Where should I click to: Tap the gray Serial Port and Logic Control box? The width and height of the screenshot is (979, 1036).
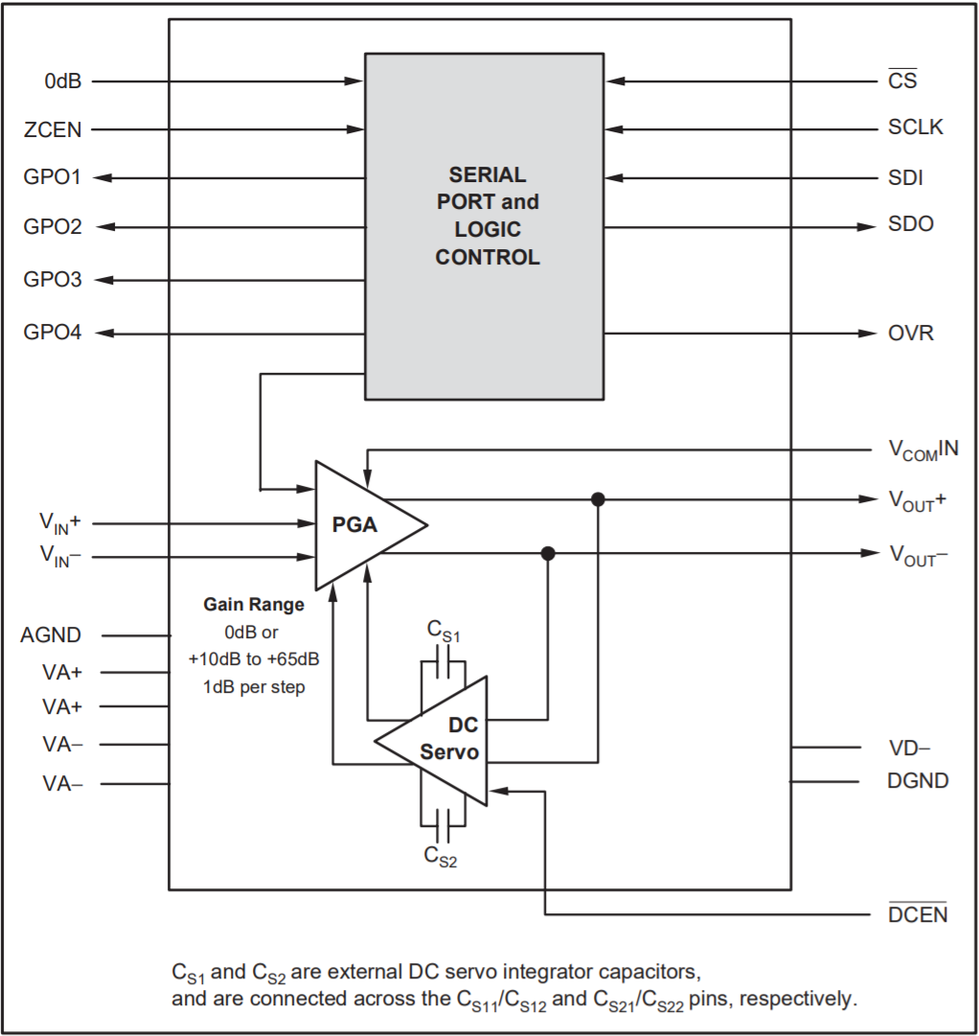pos(485,228)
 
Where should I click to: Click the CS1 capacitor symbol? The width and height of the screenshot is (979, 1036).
pos(444,661)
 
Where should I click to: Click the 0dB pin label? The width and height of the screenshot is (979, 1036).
pos(62,81)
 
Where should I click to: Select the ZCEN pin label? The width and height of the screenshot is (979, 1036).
pos(54,129)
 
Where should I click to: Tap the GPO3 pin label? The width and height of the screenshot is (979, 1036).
pos(53,280)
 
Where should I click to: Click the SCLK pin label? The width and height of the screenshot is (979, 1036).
pos(915,127)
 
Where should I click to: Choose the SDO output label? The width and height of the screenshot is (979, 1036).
pos(910,225)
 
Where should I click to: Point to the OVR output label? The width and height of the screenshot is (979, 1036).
pos(910,334)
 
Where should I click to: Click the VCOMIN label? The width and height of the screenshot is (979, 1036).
pos(922,449)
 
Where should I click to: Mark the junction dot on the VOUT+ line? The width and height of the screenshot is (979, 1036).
pos(598,499)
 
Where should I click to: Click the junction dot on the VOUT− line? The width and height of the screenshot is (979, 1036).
pos(548,554)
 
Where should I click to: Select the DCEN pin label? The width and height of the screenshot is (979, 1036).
pos(917,914)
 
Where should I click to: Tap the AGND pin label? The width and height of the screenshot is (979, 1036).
pos(51,634)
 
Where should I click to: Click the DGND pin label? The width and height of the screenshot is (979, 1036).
pos(917,781)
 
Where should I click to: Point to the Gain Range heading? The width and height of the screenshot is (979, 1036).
pos(254,605)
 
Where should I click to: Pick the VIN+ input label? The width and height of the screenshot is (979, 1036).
pos(59,522)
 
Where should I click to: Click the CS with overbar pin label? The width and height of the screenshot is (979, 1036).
pos(902,81)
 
